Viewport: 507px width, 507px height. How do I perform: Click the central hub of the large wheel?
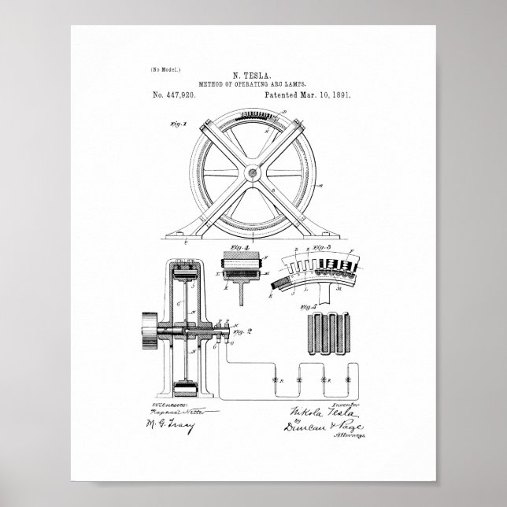click(x=253, y=169)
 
